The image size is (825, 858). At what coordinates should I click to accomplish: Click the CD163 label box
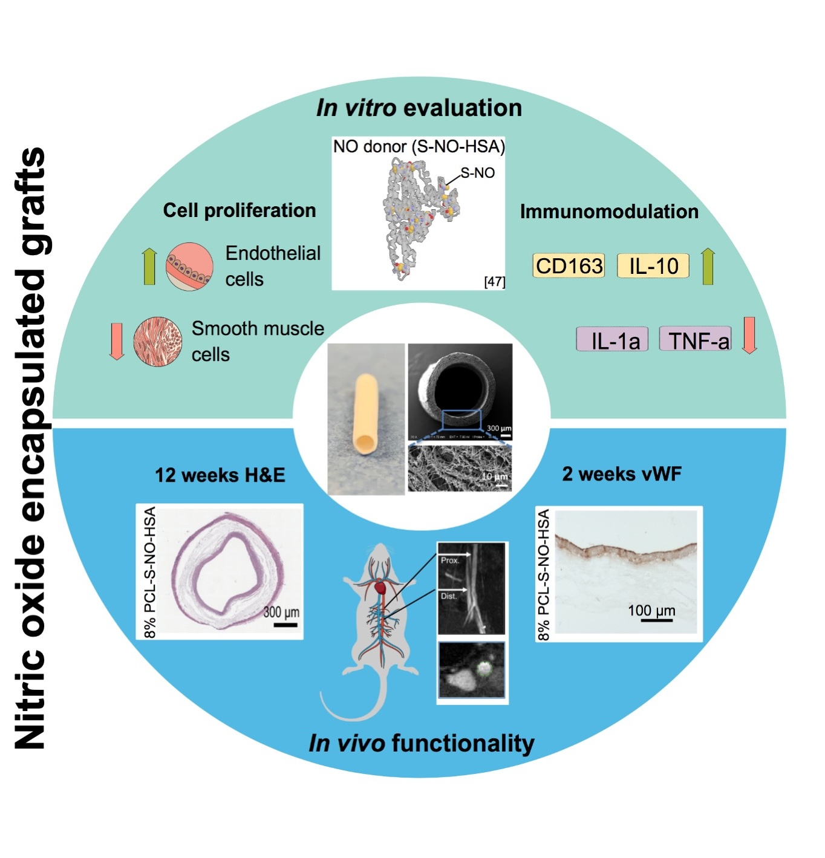pyautogui.click(x=569, y=266)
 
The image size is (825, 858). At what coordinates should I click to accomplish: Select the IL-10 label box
pyautogui.click(x=653, y=266)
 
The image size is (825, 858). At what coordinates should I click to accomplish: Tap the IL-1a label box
pyautogui.click(x=612, y=340)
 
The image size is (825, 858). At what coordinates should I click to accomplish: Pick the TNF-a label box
pyautogui.click(x=695, y=340)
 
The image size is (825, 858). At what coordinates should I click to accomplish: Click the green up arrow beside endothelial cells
pyautogui.click(x=149, y=266)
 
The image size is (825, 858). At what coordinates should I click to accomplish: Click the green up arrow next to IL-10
pyautogui.click(x=708, y=266)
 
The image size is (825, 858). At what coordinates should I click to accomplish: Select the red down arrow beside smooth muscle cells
pyautogui.click(x=116, y=341)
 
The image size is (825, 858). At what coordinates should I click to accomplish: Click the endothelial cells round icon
pyautogui.click(x=189, y=266)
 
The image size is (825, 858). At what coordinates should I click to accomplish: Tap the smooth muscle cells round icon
pyautogui.click(x=157, y=342)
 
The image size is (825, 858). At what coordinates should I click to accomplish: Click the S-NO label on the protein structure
pyautogui.click(x=478, y=174)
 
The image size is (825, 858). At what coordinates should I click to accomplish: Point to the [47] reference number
pyautogui.click(x=494, y=282)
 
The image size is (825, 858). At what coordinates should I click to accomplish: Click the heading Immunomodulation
pyautogui.click(x=609, y=212)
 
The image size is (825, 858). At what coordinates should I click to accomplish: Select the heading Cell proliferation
pyautogui.click(x=240, y=210)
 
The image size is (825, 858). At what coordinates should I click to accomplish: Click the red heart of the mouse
pyautogui.click(x=380, y=587)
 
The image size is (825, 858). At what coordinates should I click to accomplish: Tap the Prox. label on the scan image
pyautogui.click(x=450, y=561)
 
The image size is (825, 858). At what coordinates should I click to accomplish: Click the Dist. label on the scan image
pyautogui.click(x=449, y=596)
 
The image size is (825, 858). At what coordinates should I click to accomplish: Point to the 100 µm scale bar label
pyautogui.click(x=651, y=610)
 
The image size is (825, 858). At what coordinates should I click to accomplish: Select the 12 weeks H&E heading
pyautogui.click(x=220, y=475)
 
